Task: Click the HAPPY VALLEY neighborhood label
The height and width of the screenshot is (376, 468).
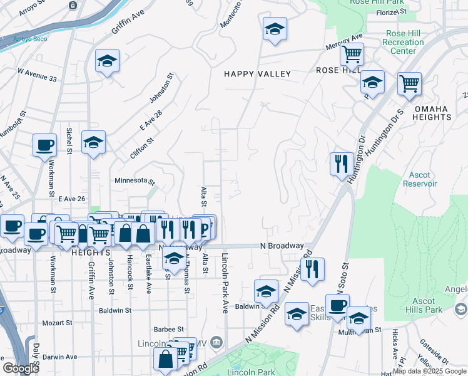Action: (258, 74)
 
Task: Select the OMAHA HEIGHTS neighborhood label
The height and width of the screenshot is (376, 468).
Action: (431, 113)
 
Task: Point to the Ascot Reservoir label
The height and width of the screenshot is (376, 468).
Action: (422, 179)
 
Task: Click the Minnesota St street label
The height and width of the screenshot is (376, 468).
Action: (135, 180)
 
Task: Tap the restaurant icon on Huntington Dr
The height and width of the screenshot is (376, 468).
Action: (342, 164)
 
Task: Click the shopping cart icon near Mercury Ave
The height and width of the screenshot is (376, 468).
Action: (352, 55)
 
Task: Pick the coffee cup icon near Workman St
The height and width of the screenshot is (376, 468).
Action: (44, 145)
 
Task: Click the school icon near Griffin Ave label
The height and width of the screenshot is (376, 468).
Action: (107, 61)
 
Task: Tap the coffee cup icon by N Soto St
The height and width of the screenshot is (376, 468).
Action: (337, 305)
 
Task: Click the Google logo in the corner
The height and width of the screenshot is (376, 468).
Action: (20, 368)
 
